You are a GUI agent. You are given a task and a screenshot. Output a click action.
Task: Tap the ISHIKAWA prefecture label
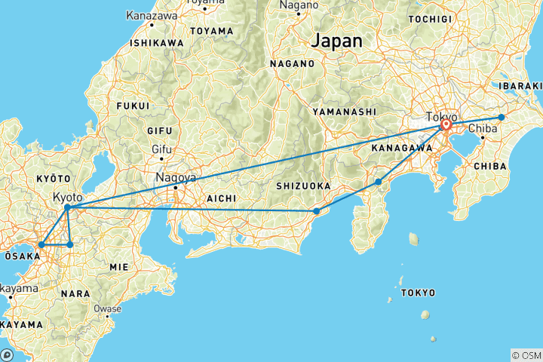tap(157, 43)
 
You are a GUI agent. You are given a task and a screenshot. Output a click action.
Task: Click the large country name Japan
tap(337, 40)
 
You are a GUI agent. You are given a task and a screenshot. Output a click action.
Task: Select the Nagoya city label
tap(176, 178)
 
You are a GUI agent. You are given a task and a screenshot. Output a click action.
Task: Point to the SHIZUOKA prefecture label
tap(304, 186)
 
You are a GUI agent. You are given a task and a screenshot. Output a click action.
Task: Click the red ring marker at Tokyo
tap(446, 125)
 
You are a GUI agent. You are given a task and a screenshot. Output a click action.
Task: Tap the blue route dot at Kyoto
tap(68, 207)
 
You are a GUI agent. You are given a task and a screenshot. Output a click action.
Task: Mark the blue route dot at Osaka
tap(41, 244)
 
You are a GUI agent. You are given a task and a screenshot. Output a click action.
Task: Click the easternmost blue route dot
tap(502, 117)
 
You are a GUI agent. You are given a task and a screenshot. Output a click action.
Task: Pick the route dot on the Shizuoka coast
tap(317, 211)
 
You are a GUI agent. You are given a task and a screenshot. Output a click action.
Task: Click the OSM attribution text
tap(525, 354)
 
